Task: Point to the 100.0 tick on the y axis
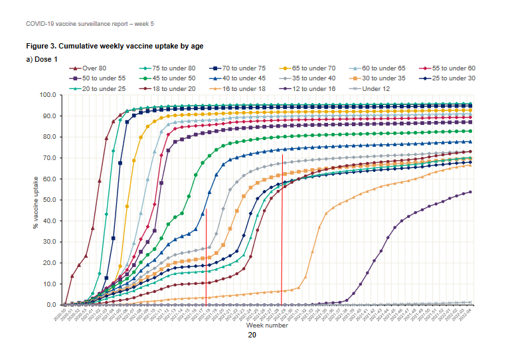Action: pyautogui.click(x=49, y=95)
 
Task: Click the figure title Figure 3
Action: pyautogui.click(x=114, y=46)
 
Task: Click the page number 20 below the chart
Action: pyautogui.click(x=252, y=335)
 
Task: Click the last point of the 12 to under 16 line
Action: pyautogui.click(x=471, y=192)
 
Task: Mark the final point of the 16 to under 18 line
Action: pyautogui.click(x=471, y=165)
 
